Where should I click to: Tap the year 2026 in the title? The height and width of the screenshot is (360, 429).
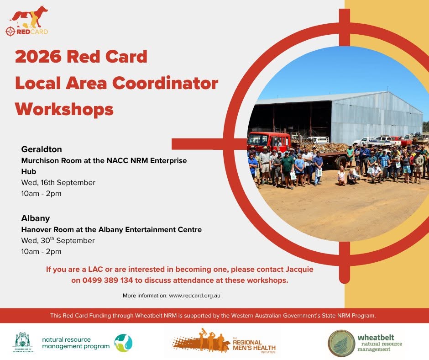click(x=38, y=57)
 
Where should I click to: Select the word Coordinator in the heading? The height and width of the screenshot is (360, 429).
click(x=165, y=83)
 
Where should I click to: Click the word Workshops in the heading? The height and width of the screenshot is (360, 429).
click(x=64, y=110)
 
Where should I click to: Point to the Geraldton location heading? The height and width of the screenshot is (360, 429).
click(x=42, y=149)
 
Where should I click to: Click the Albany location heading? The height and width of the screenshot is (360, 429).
click(x=36, y=218)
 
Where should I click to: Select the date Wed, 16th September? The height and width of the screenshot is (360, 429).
click(x=58, y=182)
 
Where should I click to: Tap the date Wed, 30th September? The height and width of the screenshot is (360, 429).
click(x=58, y=240)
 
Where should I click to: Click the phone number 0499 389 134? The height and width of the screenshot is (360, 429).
click(x=108, y=280)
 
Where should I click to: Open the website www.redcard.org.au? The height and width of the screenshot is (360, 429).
click(x=194, y=296)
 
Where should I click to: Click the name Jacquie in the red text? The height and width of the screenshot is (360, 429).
click(x=299, y=270)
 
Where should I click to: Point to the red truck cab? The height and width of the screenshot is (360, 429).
click(x=268, y=141)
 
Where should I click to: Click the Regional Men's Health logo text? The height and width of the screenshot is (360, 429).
click(x=254, y=345)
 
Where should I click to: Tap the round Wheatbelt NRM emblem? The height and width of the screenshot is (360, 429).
click(x=341, y=343)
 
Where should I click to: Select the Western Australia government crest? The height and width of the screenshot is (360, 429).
click(x=23, y=342)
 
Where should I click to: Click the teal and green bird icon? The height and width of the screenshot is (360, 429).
click(x=123, y=343)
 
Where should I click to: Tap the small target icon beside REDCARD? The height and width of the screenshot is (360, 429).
click(x=10, y=31)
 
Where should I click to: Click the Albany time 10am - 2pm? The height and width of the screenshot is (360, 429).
click(x=42, y=252)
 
